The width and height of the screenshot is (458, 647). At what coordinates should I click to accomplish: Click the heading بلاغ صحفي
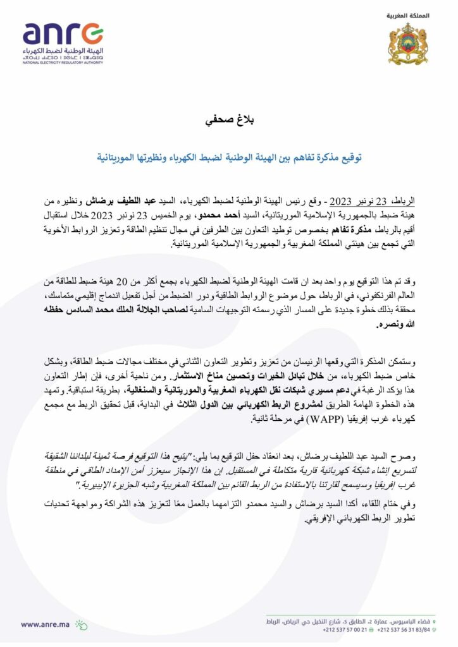[228, 119]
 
